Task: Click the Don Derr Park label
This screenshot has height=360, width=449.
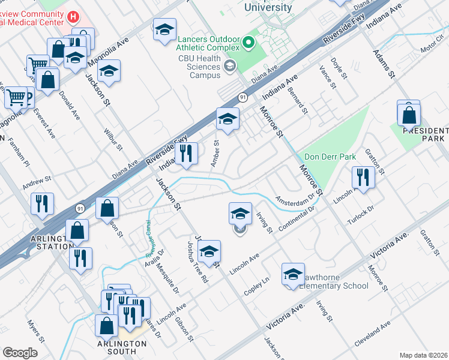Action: point(330,157)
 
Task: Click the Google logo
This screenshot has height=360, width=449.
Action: point(20,353)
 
